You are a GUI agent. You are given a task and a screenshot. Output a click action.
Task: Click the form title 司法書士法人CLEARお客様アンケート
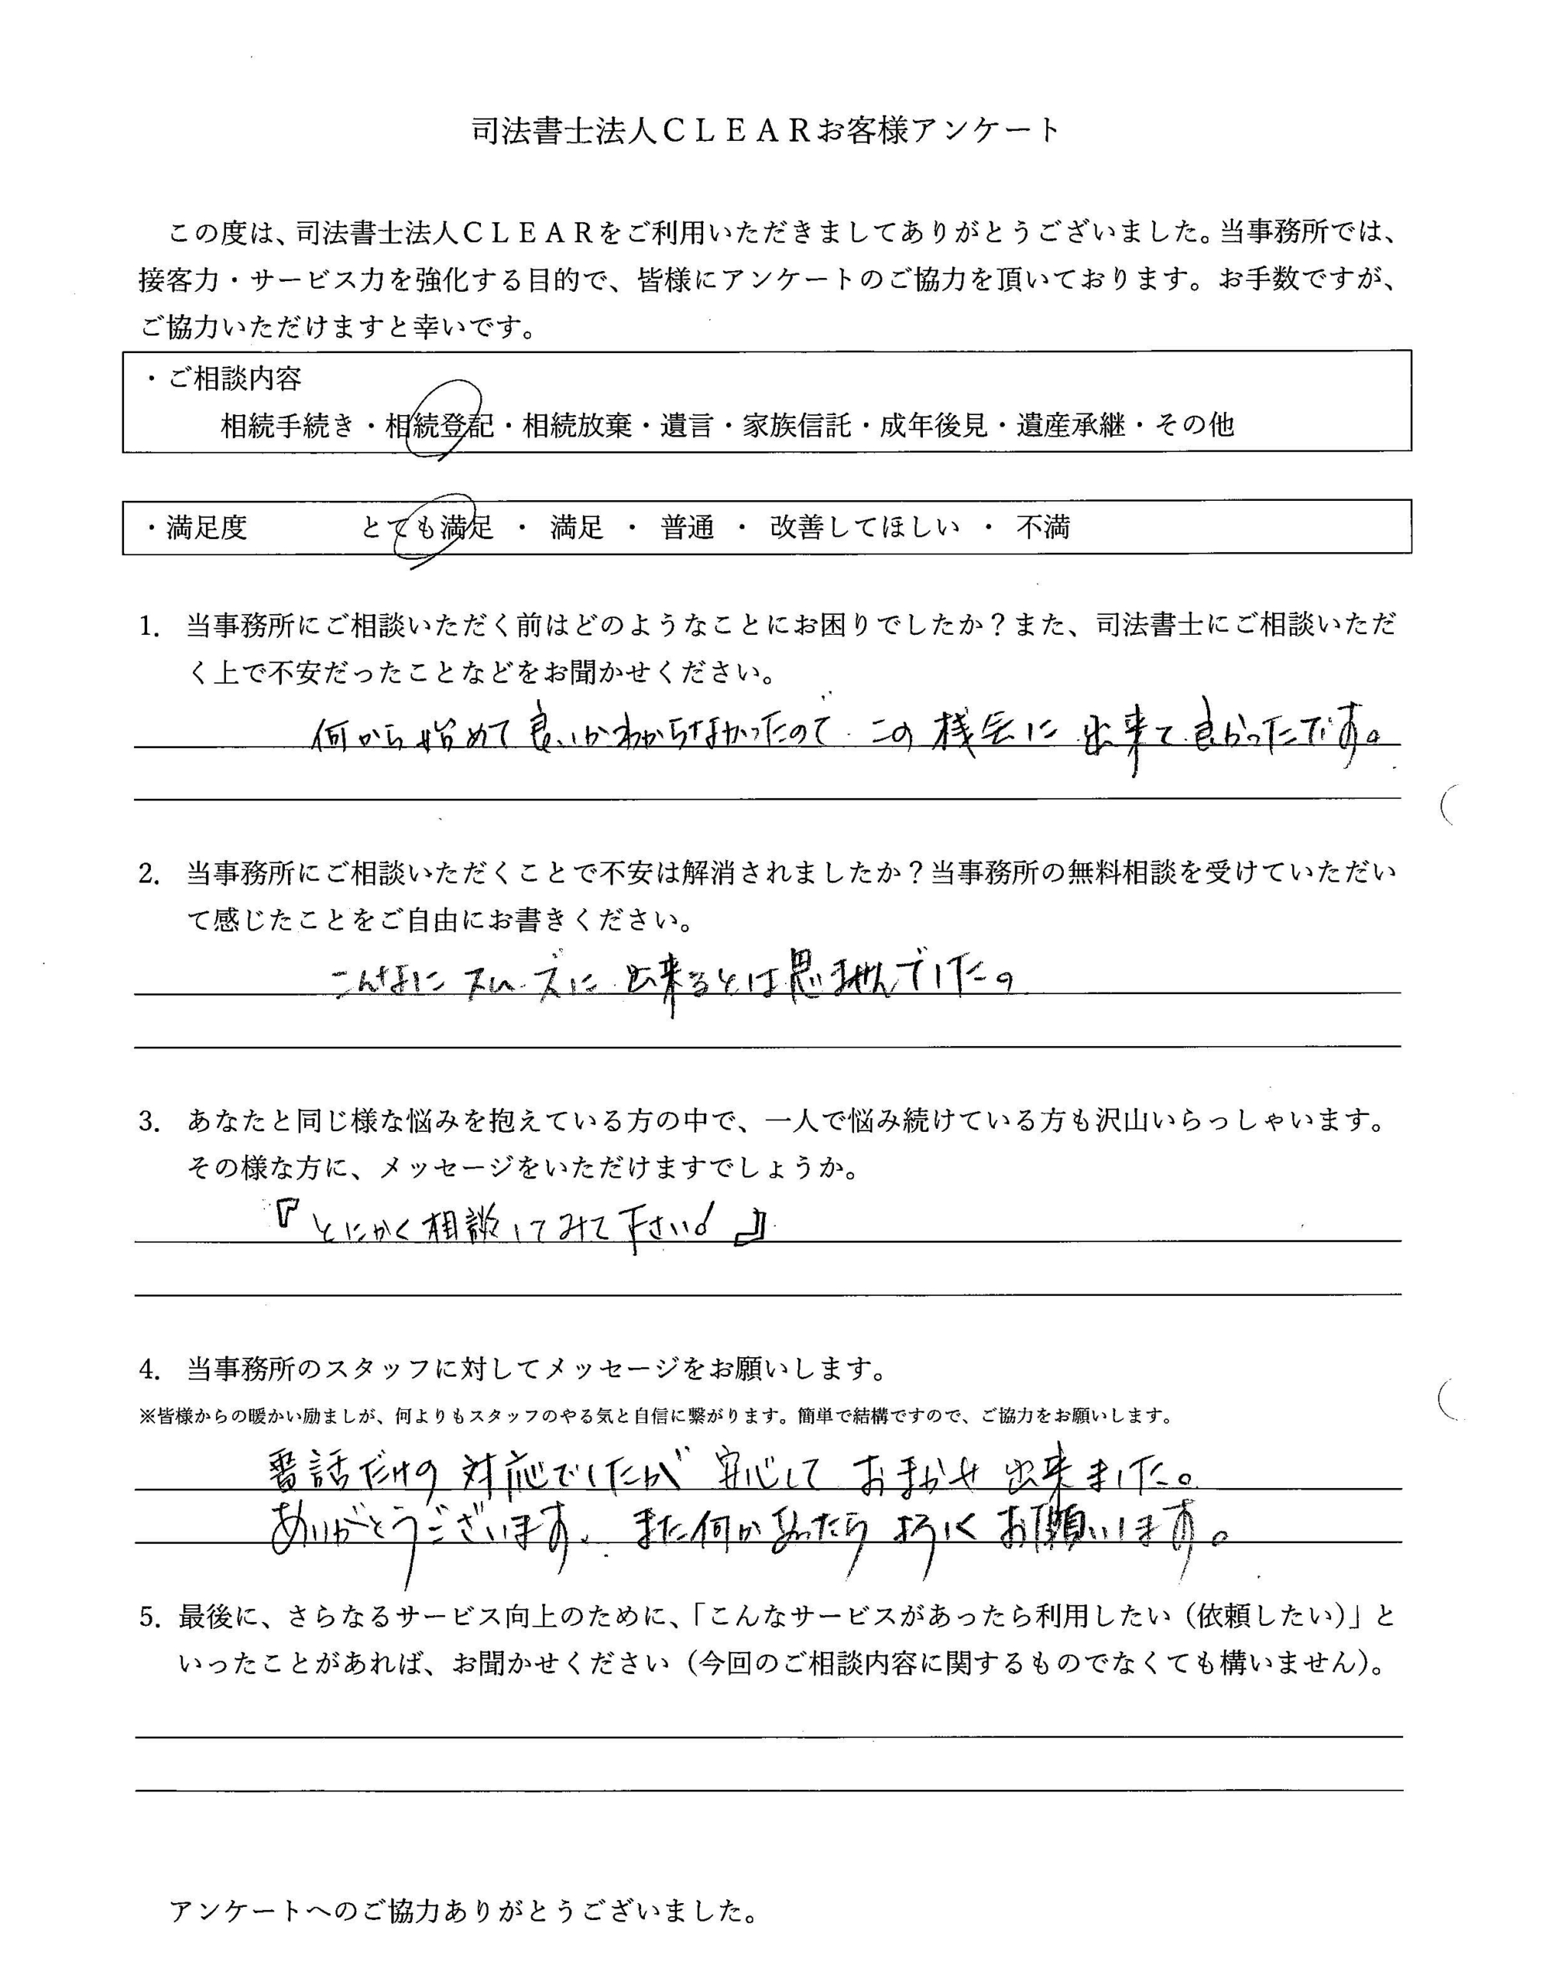[766, 132]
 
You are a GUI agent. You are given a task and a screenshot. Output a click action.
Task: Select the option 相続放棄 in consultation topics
[577, 425]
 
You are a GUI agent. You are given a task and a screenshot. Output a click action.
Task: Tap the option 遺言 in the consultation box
[687, 425]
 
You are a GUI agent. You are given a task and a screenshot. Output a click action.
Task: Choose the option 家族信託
[796, 425]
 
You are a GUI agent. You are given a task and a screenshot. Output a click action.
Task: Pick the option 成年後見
[934, 425]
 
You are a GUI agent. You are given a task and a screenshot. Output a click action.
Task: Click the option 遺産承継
[1071, 425]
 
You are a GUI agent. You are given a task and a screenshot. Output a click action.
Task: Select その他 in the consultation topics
[1194, 425]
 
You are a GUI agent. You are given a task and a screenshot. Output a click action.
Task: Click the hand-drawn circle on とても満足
[431, 530]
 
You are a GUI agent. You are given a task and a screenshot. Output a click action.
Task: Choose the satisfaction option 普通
[687, 527]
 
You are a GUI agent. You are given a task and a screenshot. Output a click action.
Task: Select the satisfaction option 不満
[1043, 527]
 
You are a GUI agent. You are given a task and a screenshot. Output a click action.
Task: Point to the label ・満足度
[197, 527]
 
